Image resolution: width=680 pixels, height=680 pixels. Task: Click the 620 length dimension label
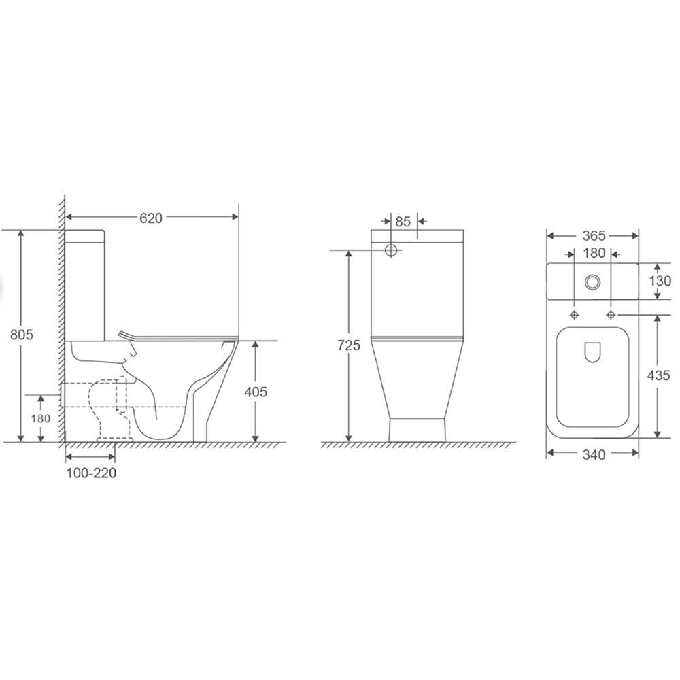151,218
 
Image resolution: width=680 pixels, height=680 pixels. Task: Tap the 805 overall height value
22,335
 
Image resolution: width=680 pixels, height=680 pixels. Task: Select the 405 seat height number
256,392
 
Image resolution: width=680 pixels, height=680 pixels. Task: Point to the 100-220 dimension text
91,473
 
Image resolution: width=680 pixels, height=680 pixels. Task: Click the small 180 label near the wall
41,418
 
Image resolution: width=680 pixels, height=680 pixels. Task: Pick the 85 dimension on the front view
403,222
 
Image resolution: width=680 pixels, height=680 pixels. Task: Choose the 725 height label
349,345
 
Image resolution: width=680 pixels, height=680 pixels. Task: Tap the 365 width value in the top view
594,236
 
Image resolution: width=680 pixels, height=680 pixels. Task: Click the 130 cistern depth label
660,281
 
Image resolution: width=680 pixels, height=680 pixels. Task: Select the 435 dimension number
659,375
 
